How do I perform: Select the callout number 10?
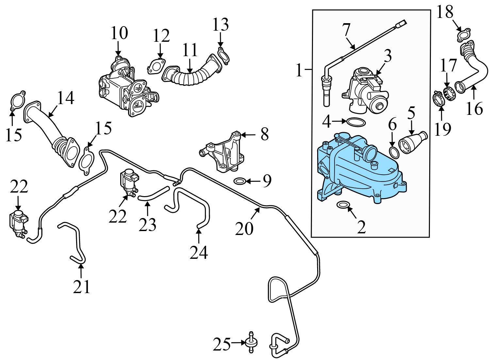point(119,33)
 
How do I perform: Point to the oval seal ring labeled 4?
point(356,122)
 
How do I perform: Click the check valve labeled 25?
point(251,343)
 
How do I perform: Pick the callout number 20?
point(244,228)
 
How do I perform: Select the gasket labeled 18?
point(464,35)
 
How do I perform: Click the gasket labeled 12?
point(156,66)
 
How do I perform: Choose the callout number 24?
point(199,252)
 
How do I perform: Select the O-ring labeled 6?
point(394,152)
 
